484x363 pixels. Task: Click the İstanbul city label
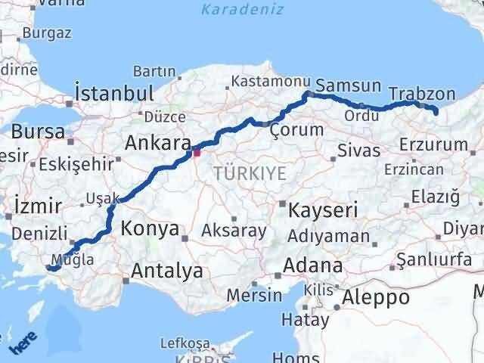click(x=114, y=93)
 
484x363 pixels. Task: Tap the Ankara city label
click(x=157, y=142)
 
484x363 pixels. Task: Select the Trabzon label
click(x=422, y=94)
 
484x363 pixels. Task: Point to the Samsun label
click(x=342, y=85)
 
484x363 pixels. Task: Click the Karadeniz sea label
click(x=242, y=10)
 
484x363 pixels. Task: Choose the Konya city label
click(x=150, y=228)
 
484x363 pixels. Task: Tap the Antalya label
click(x=167, y=270)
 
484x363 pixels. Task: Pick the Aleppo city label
click(x=376, y=297)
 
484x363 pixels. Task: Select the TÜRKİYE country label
click(x=250, y=174)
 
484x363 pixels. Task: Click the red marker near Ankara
click(x=197, y=153)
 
